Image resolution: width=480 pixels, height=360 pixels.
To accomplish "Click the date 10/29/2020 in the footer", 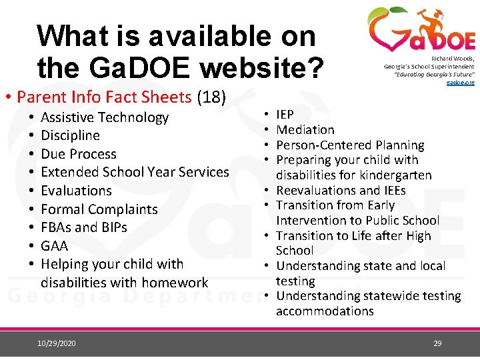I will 57,343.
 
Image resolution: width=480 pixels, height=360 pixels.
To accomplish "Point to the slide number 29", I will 437,343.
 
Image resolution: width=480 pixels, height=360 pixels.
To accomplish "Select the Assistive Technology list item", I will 105,118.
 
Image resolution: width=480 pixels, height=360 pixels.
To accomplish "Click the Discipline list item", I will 70,136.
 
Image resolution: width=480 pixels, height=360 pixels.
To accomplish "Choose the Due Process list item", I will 79,154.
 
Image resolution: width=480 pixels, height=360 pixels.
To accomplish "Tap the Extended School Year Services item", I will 135,172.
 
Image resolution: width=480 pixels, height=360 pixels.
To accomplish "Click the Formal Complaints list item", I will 99,209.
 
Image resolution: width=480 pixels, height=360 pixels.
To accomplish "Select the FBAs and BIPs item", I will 84,227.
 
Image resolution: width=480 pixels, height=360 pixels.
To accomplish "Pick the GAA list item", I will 55,245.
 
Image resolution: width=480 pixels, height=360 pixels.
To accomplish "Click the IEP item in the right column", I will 285,115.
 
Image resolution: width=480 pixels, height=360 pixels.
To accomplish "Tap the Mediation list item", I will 305,130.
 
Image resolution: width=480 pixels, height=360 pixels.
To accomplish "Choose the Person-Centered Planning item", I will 350,145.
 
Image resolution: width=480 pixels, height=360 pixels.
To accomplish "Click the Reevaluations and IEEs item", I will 341,191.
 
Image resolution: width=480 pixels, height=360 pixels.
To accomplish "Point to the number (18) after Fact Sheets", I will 212,97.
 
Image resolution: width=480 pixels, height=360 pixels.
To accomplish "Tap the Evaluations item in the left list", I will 77,191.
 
